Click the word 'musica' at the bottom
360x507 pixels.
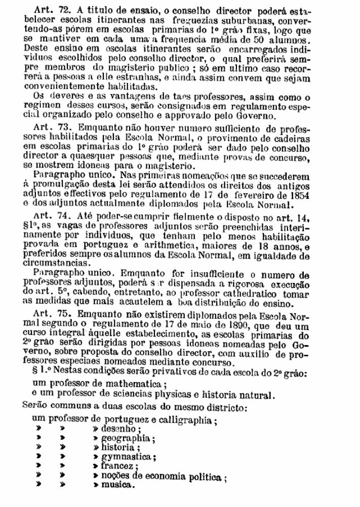(118, 484)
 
